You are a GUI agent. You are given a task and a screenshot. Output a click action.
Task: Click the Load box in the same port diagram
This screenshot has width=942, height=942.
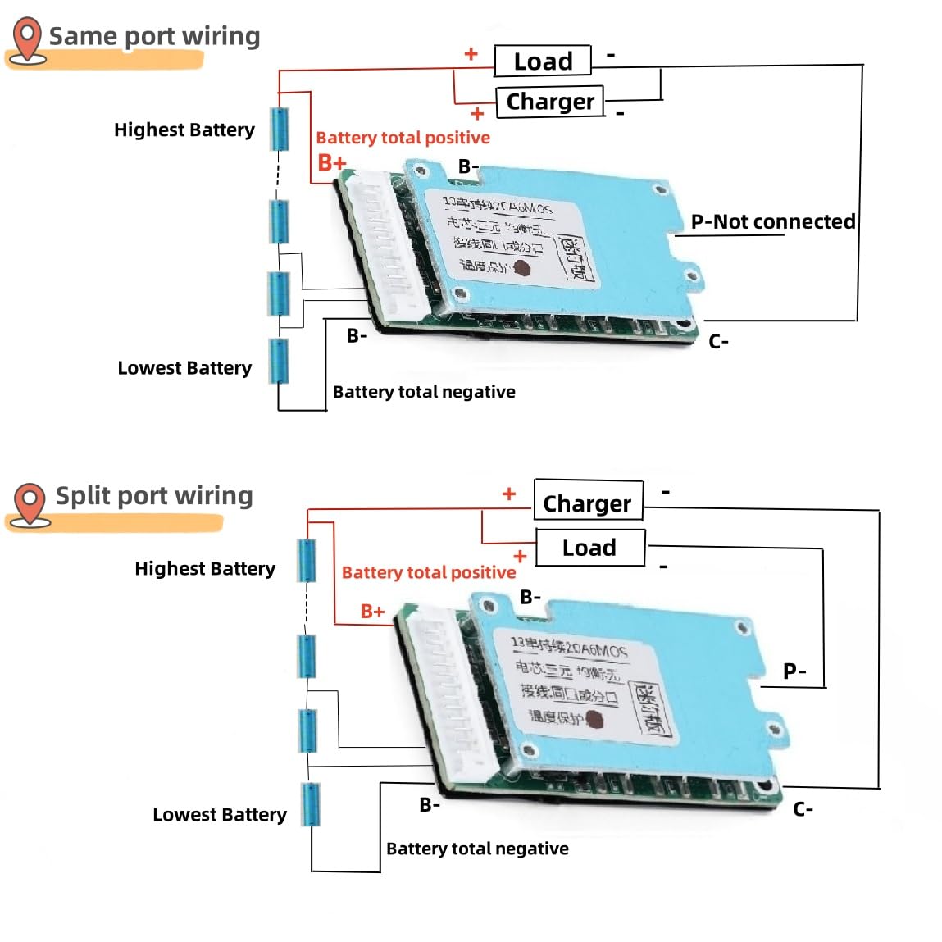[x=543, y=61]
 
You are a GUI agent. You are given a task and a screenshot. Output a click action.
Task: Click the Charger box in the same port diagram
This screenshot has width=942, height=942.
[x=549, y=102]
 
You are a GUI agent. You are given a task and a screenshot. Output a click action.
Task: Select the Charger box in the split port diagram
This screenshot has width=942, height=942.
[x=588, y=502]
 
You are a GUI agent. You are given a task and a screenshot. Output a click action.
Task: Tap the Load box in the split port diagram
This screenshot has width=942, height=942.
[x=589, y=548]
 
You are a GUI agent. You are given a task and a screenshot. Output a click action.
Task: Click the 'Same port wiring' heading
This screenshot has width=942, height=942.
[x=154, y=36]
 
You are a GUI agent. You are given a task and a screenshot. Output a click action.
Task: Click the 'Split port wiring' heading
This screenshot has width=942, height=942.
[x=154, y=496]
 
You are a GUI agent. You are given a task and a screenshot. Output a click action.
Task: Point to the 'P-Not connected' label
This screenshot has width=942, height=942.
[x=772, y=221]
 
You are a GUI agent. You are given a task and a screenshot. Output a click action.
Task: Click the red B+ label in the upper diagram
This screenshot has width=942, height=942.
[x=332, y=163]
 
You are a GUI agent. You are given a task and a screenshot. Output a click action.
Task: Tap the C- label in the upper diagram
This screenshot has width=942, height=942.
[x=718, y=342]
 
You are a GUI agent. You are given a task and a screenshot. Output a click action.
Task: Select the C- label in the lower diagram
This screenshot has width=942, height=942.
[x=803, y=809]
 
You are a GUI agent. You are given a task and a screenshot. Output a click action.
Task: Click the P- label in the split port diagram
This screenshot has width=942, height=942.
[x=794, y=671]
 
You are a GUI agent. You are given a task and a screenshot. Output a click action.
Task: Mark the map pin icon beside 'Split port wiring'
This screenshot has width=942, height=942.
[x=30, y=502]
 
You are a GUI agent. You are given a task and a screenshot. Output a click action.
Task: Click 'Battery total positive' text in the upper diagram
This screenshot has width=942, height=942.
[x=403, y=138]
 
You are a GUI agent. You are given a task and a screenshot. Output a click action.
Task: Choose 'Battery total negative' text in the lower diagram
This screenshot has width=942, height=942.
[x=477, y=849]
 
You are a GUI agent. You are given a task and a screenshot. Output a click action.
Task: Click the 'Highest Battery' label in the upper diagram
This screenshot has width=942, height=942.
[x=184, y=130]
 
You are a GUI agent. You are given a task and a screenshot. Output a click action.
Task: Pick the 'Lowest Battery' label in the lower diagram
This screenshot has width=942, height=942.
[x=220, y=814]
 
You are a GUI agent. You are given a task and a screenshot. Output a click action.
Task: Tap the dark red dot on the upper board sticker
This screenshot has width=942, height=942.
[x=521, y=267]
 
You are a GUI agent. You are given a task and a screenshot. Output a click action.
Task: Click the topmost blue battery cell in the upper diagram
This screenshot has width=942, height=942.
[x=280, y=129]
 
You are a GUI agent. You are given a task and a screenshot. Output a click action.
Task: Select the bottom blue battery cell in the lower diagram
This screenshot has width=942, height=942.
[x=311, y=804]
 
